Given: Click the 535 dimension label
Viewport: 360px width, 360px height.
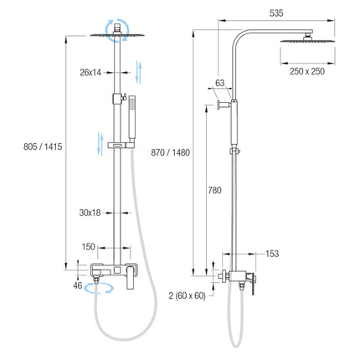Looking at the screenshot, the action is [x=276, y=13].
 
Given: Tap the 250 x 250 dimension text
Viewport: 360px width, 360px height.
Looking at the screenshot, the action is [x=307, y=71].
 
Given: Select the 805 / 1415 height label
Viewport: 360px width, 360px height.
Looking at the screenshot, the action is [x=43, y=147].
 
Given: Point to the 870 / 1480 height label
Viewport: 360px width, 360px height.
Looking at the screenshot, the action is [x=170, y=152].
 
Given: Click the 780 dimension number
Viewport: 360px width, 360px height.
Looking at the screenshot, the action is [x=215, y=190].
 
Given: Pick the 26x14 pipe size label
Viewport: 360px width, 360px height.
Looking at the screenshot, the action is [x=90, y=73].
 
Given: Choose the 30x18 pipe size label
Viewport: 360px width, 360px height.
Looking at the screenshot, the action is [x=90, y=213].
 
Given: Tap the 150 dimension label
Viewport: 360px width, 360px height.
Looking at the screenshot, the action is [x=89, y=247].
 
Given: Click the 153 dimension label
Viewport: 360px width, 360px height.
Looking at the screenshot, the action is [x=272, y=254].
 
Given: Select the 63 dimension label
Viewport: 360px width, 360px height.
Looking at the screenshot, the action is [x=220, y=83].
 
